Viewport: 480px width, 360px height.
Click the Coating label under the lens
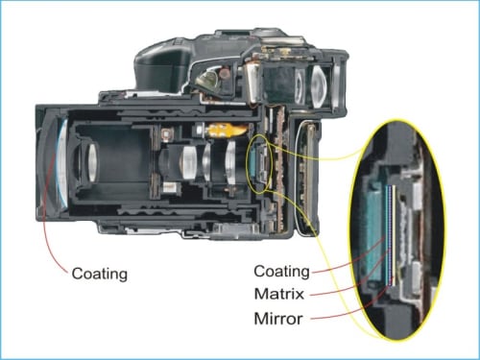[100, 274]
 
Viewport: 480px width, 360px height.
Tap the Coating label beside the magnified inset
[281, 272]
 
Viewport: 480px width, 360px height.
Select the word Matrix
[279, 294]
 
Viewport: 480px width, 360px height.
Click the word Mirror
[278, 319]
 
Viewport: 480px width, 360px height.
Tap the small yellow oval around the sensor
[259, 164]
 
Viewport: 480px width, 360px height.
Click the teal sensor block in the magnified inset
[374, 232]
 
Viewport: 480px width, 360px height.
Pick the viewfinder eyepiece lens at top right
[318, 85]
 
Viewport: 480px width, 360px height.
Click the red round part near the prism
[226, 72]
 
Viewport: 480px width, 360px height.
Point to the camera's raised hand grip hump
[162, 66]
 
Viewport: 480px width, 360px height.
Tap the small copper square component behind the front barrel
[166, 134]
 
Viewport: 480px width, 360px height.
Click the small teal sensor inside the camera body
[252, 163]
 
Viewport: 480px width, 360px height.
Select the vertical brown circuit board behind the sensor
[281, 168]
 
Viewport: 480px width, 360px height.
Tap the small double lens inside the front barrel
[92, 162]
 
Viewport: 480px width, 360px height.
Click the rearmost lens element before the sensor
[230, 163]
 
